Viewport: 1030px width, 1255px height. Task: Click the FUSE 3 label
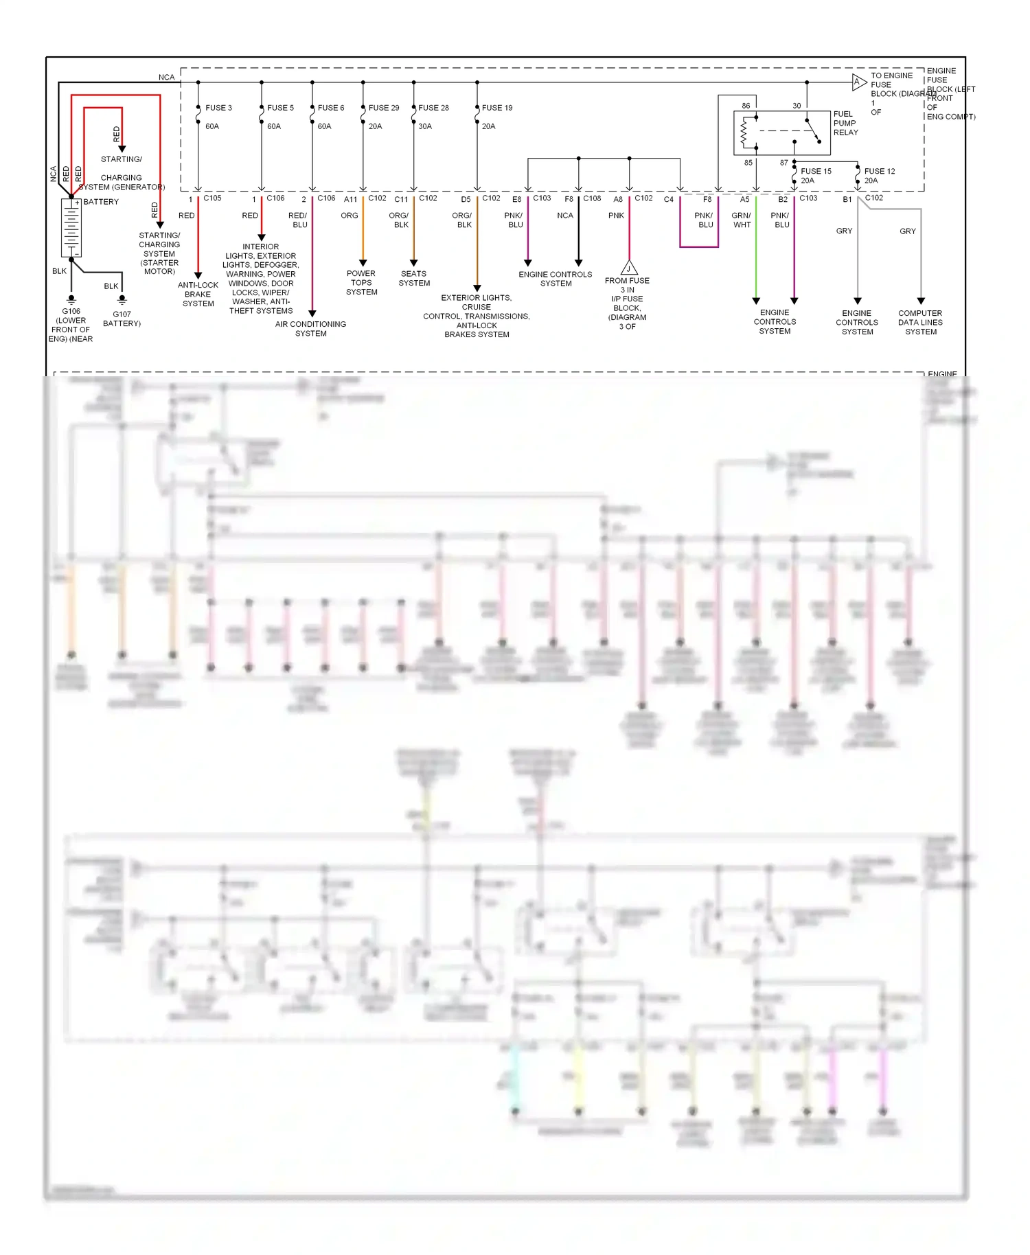(218, 108)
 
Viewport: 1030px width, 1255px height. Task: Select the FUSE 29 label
(383, 108)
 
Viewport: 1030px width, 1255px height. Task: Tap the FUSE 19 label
(496, 108)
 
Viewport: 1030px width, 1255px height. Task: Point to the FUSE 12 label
(879, 171)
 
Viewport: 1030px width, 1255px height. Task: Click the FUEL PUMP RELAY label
(845, 124)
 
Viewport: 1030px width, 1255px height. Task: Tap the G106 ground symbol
(71, 299)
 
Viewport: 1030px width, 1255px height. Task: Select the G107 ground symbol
(122, 299)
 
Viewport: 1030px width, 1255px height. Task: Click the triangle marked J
(629, 268)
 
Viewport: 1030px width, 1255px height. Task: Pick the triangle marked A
(858, 82)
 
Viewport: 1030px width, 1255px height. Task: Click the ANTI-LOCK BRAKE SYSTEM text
(198, 294)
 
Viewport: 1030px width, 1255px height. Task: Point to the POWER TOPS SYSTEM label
(361, 282)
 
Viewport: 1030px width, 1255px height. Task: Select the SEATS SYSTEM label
(414, 278)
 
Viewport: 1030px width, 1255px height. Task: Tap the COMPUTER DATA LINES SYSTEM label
(920, 322)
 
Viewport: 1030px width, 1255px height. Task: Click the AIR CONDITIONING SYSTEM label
(310, 329)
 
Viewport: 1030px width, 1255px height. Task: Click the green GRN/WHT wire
(756, 254)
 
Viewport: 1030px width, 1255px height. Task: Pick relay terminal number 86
(746, 106)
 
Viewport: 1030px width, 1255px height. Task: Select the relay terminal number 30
(797, 106)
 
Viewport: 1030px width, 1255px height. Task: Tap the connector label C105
(212, 198)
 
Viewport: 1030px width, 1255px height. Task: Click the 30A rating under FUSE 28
(425, 126)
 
